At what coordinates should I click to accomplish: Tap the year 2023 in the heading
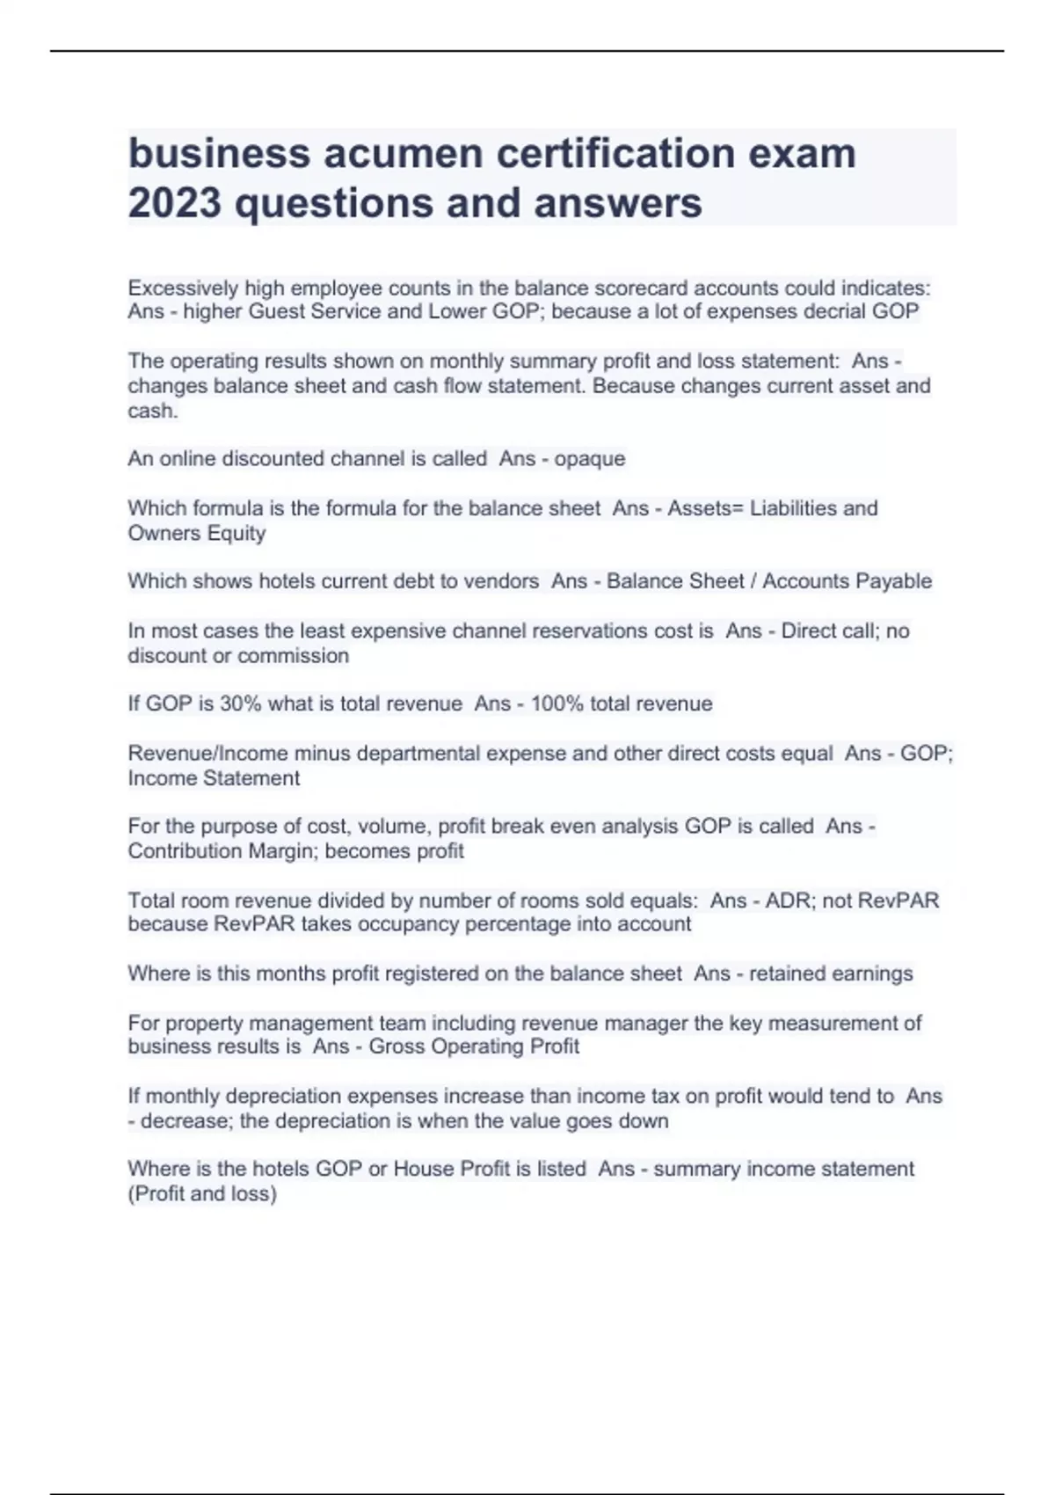point(174,203)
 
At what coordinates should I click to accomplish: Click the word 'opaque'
point(589,459)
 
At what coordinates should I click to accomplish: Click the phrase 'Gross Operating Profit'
point(474,1046)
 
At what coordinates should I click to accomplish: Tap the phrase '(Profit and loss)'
point(202,1194)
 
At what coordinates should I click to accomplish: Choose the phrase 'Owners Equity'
point(196,533)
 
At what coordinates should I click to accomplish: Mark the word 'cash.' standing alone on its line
point(152,411)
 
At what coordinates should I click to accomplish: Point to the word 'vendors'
point(503,581)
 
